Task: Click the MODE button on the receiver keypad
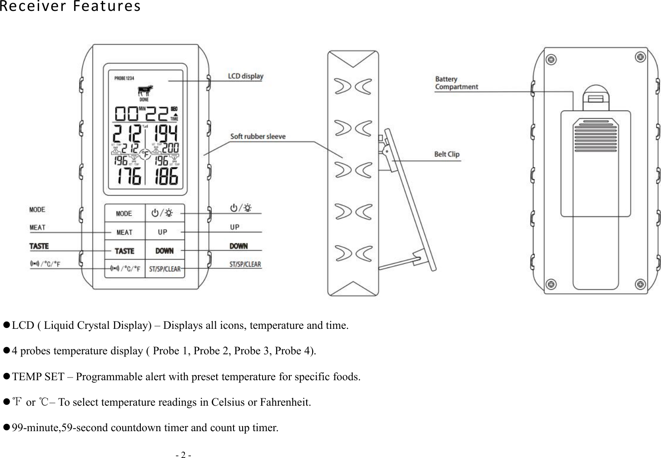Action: click(x=124, y=213)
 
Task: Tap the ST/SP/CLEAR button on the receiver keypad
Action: click(x=165, y=269)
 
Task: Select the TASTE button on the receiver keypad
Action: click(x=124, y=251)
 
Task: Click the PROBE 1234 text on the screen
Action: click(x=124, y=78)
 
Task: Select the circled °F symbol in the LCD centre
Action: click(x=145, y=155)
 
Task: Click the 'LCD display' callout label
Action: click(x=245, y=76)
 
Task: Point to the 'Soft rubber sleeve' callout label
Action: click(x=258, y=136)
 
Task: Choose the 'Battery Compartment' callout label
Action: click(x=456, y=83)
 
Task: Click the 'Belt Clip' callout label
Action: click(x=447, y=154)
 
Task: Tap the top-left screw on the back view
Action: click(x=551, y=60)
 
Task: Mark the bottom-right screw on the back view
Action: click(x=640, y=284)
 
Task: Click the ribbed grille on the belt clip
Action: click(x=595, y=135)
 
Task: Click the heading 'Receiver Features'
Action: click(x=70, y=7)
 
